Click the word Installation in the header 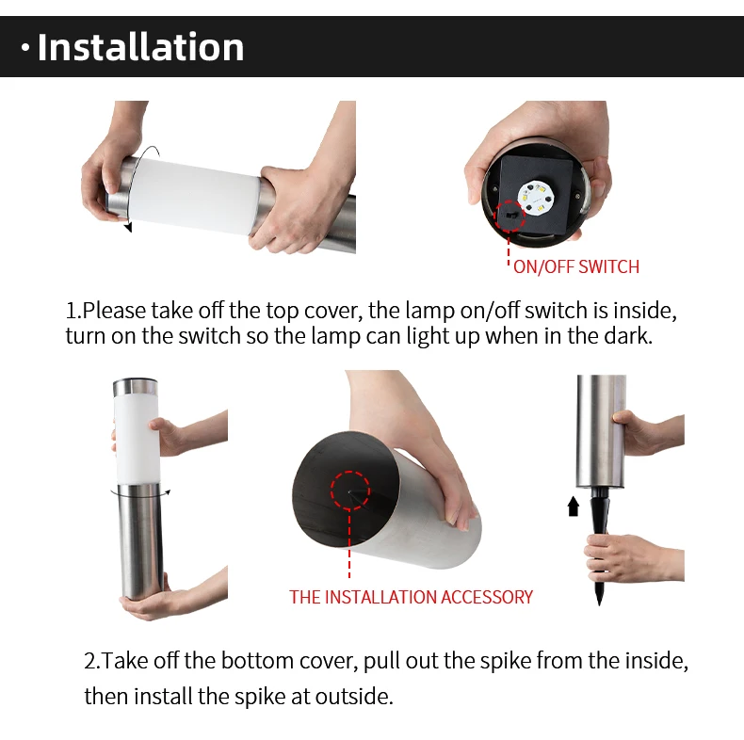click(140, 47)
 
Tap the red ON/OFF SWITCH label click(576, 266)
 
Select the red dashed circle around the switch click(509, 216)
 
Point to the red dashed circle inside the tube click(350, 491)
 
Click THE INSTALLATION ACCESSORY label click(411, 597)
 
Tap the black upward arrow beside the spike click(574, 507)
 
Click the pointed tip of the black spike click(599, 604)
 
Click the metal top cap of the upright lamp click(136, 386)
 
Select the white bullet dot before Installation click(25, 48)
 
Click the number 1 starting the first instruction click(72, 311)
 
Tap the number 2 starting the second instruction click(91, 660)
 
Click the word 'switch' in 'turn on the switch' click(209, 336)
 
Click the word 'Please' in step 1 click(114, 311)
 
